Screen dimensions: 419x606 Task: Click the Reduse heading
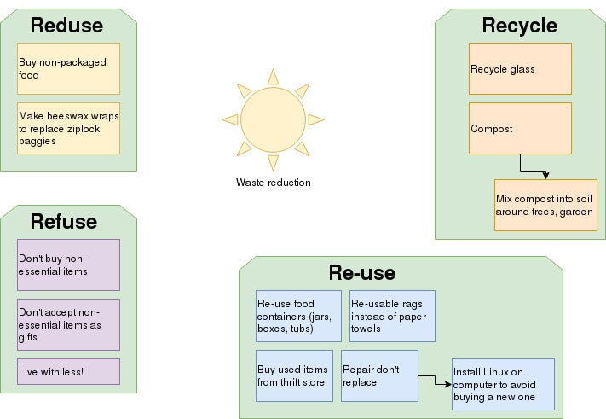coord(66,26)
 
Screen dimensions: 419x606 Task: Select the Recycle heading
coord(519,26)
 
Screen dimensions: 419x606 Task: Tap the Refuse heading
coord(64,222)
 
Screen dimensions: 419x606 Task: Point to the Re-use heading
coord(361,273)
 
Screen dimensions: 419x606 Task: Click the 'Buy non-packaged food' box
coord(68,68)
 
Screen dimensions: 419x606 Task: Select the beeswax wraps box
coord(68,128)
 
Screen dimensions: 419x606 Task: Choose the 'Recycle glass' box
coord(520,68)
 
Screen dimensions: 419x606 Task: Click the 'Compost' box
coord(520,128)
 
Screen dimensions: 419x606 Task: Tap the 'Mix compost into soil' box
coord(545,205)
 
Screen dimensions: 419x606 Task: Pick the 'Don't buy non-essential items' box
coord(68,265)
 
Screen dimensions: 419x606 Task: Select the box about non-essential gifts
coord(68,324)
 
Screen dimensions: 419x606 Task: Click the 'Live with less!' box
coord(68,371)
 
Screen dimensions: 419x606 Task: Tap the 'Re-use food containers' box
coord(298,316)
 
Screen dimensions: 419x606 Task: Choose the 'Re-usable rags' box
coord(392,316)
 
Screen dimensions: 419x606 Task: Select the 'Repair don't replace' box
coord(379,375)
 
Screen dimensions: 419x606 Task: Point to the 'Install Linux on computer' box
coord(503,384)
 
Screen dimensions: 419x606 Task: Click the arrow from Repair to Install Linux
coord(435,380)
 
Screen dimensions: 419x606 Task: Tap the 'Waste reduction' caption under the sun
coord(273,183)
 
